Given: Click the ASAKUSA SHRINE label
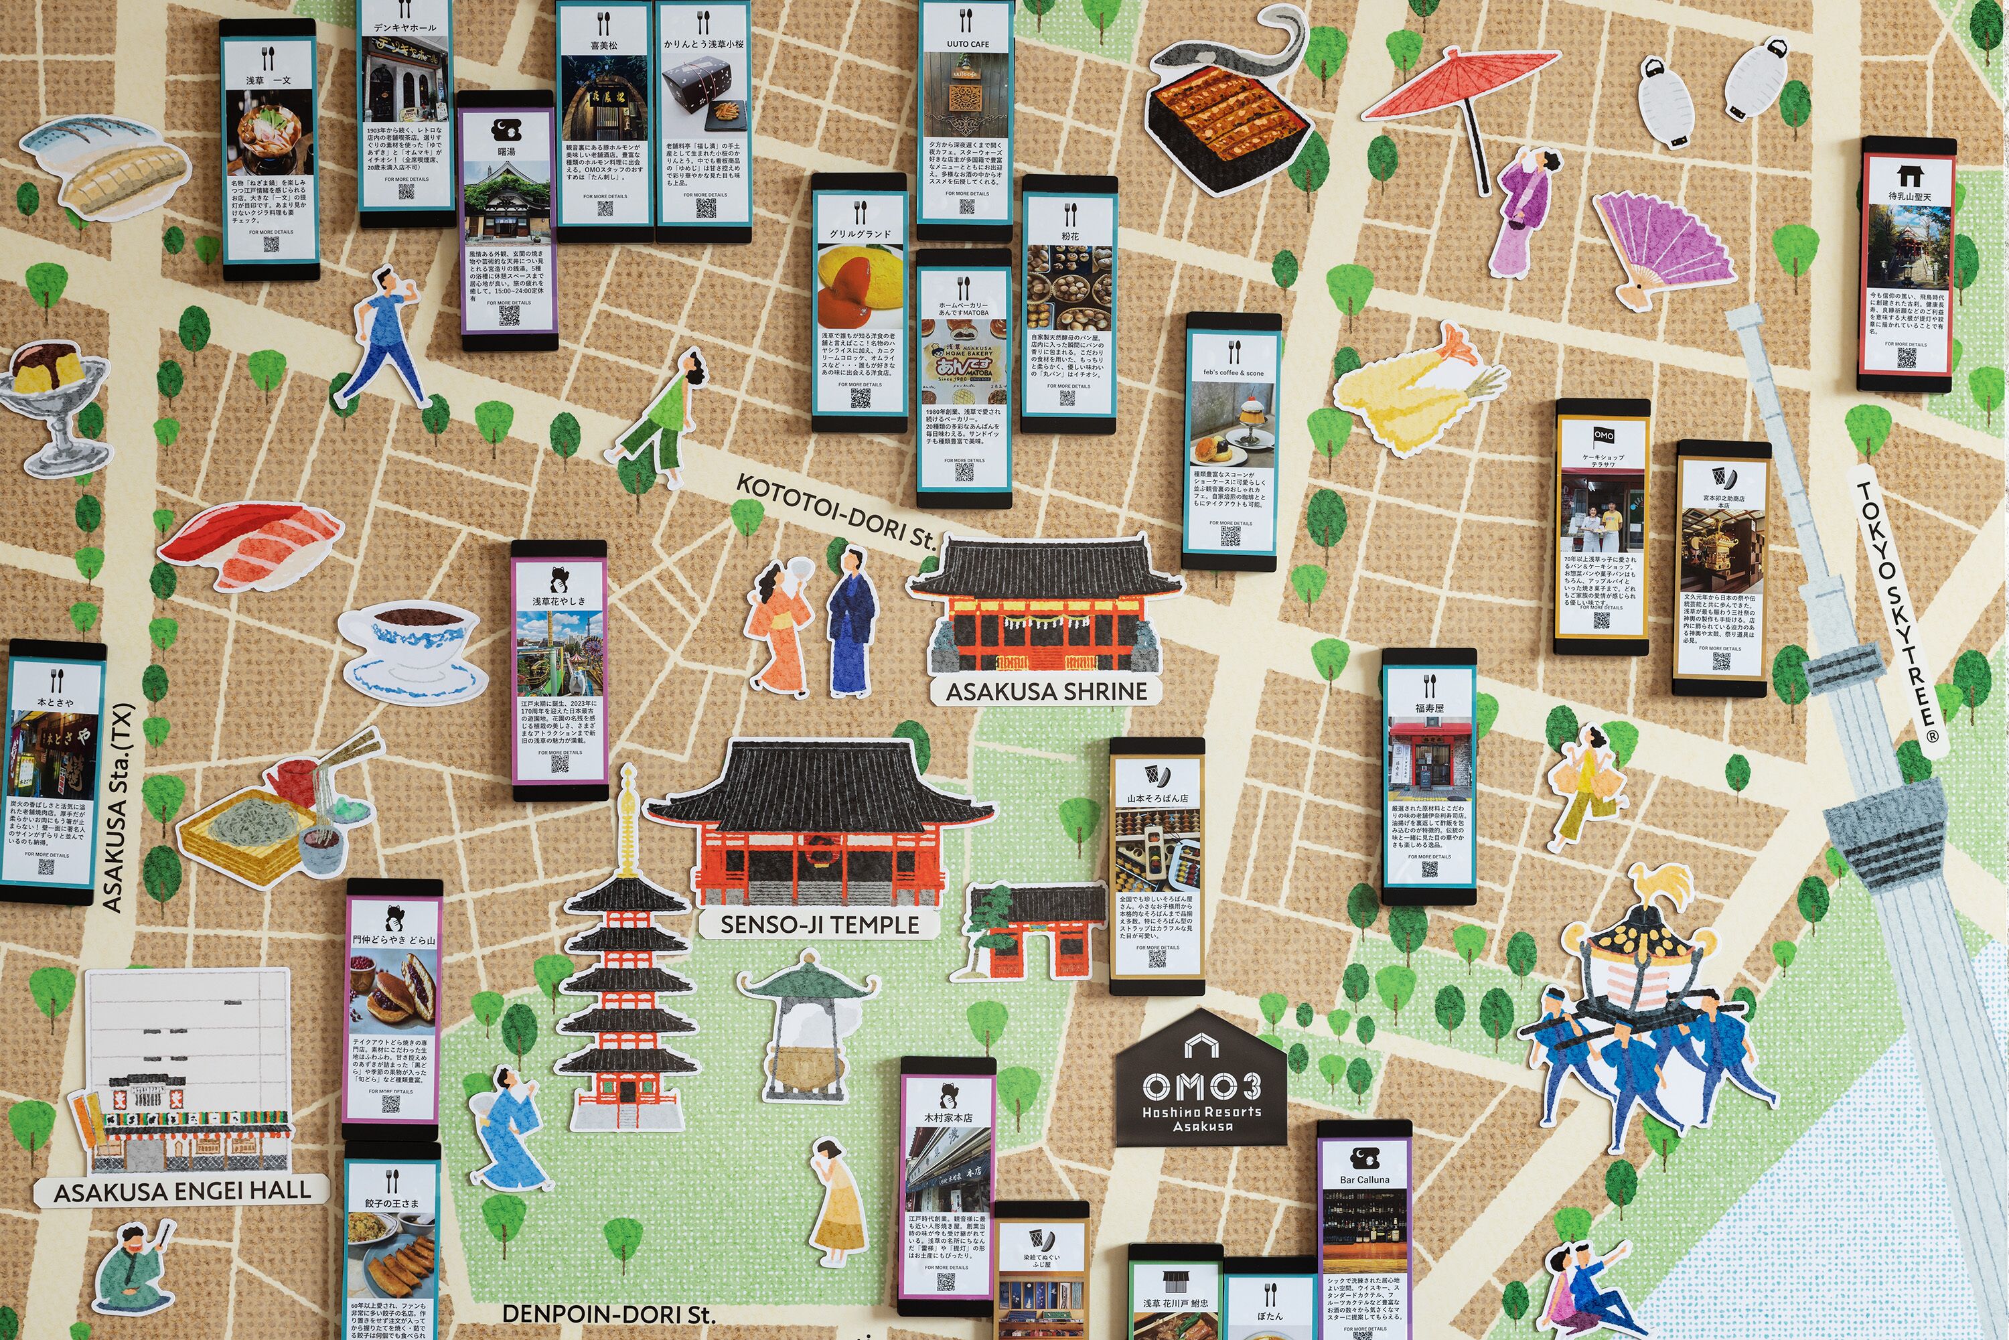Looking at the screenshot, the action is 1046,691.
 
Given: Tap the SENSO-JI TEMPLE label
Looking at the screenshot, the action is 818,925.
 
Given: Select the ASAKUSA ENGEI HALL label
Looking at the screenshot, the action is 182,1191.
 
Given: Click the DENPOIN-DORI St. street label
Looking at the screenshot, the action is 609,1315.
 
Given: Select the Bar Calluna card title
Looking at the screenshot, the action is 1365,1179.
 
